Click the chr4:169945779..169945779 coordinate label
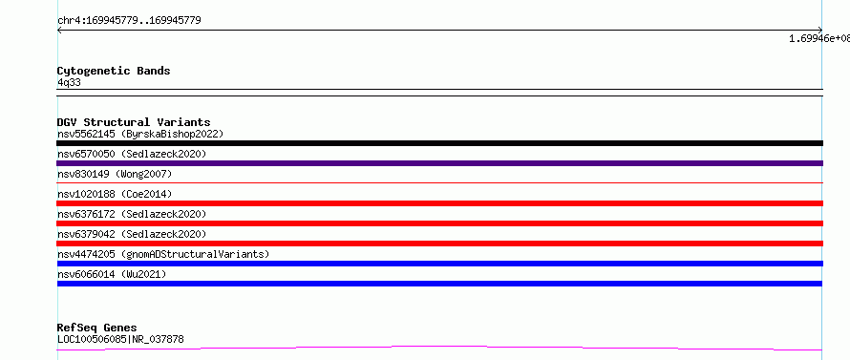click(x=129, y=21)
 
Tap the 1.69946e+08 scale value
click(x=819, y=38)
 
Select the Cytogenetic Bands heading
click(x=114, y=71)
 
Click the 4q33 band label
click(x=70, y=82)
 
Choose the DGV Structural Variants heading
click(x=134, y=122)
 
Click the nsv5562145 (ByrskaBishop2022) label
click(x=140, y=134)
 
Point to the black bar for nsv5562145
click(x=439, y=143)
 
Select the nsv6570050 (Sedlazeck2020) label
click(x=132, y=154)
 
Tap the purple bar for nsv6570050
click(x=439, y=163)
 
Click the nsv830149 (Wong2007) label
click(x=115, y=174)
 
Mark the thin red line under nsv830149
click(x=439, y=183)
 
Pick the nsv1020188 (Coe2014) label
click(x=115, y=194)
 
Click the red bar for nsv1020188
click(x=439, y=203)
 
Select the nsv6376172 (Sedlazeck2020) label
click(x=132, y=214)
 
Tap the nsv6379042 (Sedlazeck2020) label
click(x=132, y=234)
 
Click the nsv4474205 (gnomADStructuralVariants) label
click(x=163, y=254)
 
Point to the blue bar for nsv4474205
click(x=439, y=264)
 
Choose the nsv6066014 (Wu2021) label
click(x=112, y=274)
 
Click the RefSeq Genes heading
click(x=97, y=328)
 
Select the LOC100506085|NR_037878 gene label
click(x=120, y=340)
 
